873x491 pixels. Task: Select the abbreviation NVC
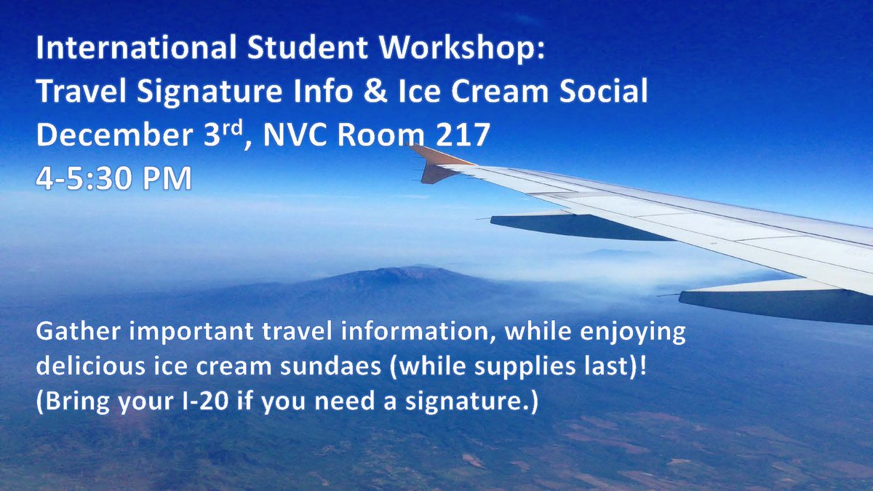pyautogui.click(x=301, y=136)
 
